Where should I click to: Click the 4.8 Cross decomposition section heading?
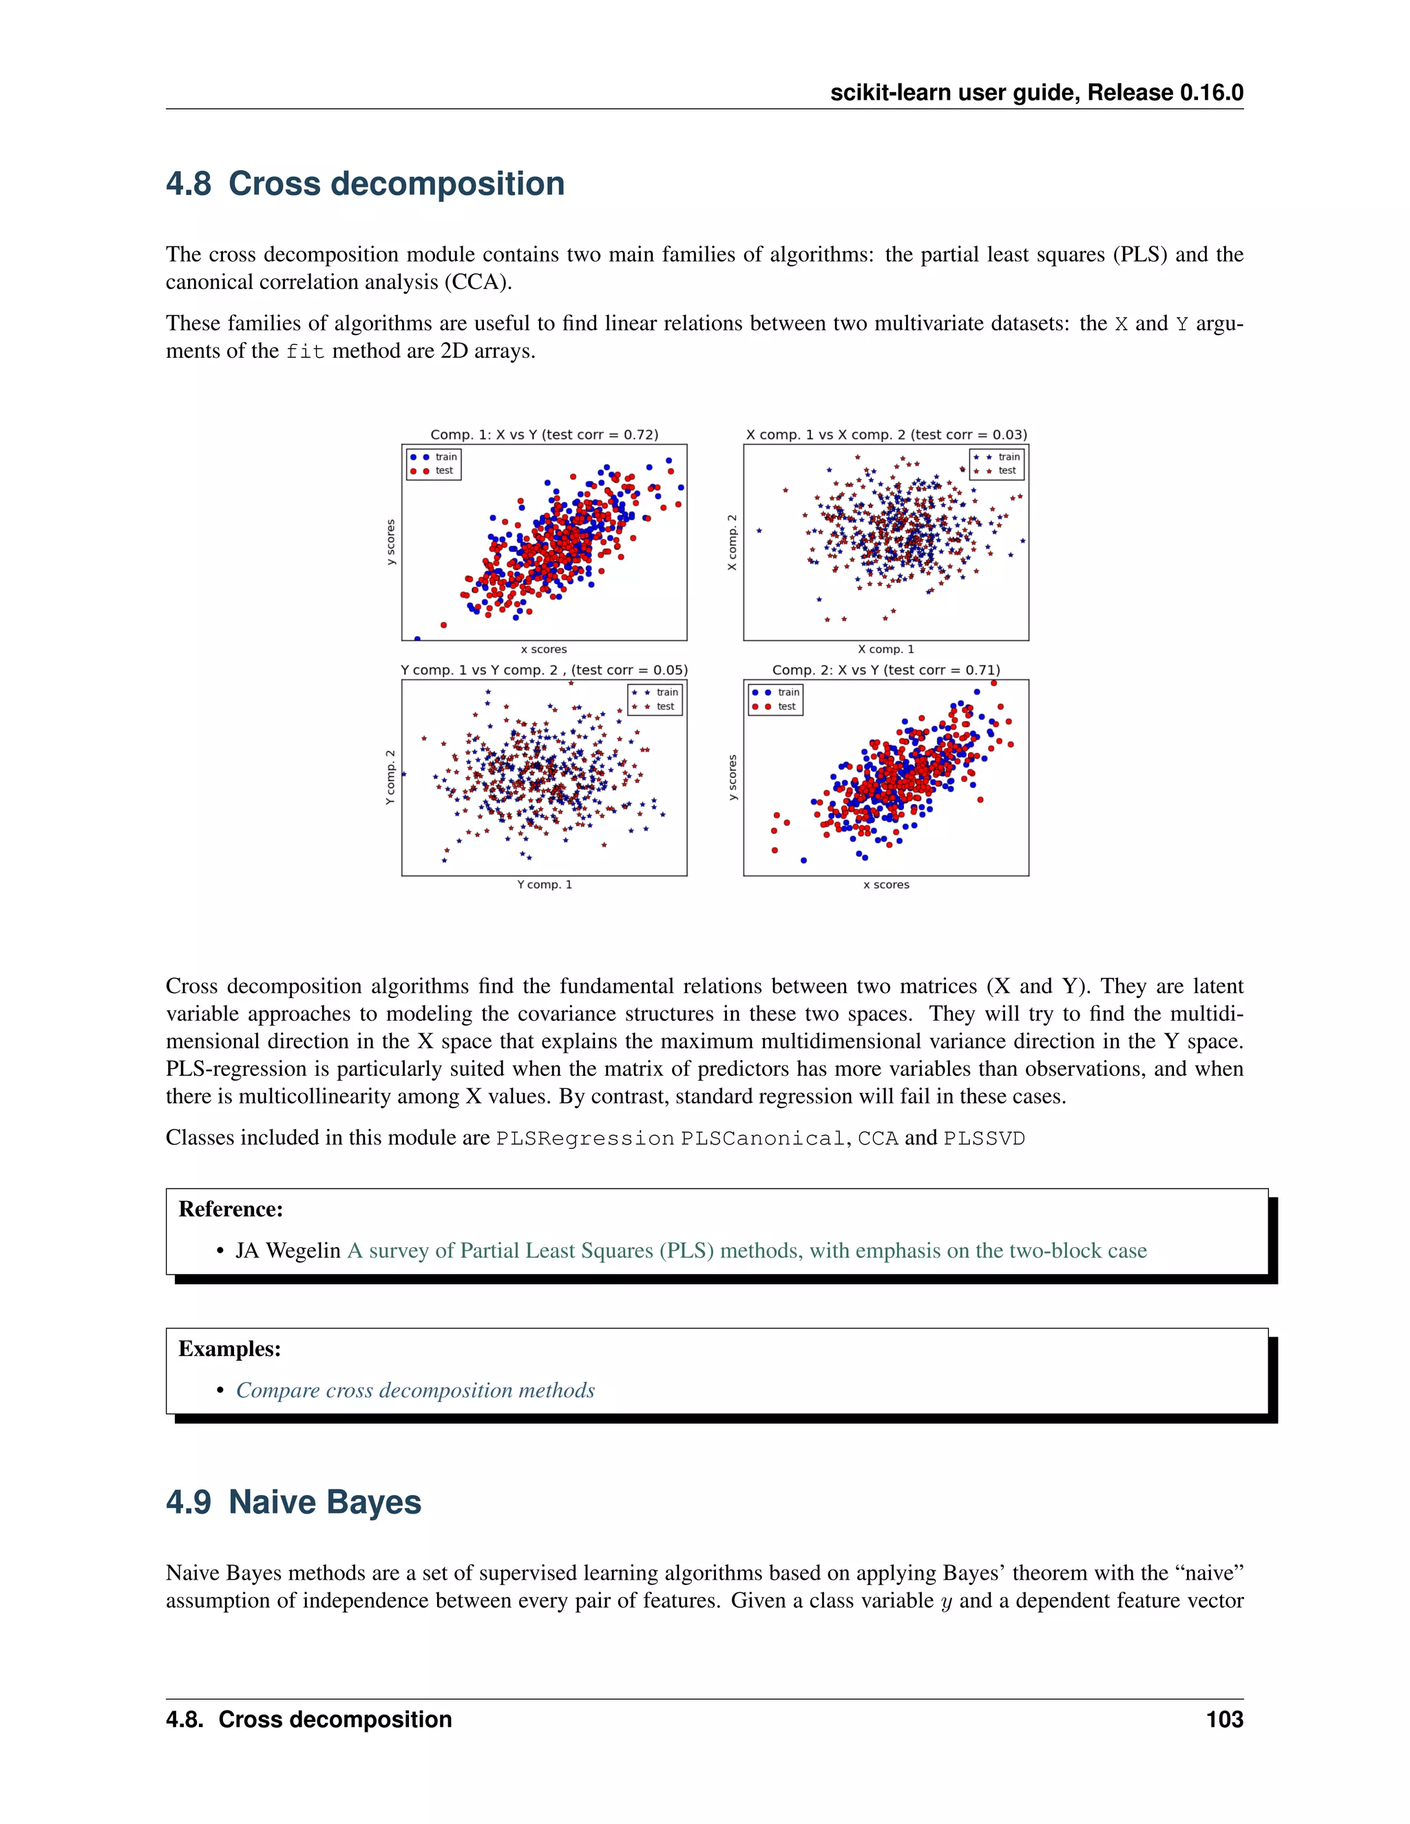pyautogui.click(x=365, y=184)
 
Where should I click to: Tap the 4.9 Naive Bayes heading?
pyautogui.click(x=293, y=1502)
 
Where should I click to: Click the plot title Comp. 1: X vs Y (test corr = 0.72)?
pyautogui.click(x=544, y=434)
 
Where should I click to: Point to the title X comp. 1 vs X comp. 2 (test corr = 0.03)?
pyautogui.click(x=885, y=434)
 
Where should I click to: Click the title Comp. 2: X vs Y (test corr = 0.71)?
pyautogui.click(x=885, y=670)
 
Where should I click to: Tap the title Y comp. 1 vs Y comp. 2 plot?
pyautogui.click(x=544, y=670)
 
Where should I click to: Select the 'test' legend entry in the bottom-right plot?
pyautogui.click(x=786, y=707)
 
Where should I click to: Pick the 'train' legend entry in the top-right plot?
pyautogui.click(x=1008, y=457)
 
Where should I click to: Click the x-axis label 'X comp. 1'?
pyautogui.click(x=885, y=649)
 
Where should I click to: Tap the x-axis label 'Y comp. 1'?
pyautogui.click(x=544, y=884)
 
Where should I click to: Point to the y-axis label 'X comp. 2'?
pyautogui.click(x=733, y=543)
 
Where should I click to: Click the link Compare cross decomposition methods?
pyautogui.click(x=415, y=1390)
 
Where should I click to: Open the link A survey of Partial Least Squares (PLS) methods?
pyautogui.click(x=747, y=1251)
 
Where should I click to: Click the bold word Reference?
pyautogui.click(x=231, y=1209)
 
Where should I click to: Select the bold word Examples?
pyautogui.click(x=230, y=1349)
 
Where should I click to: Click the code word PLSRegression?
pyautogui.click(x=585, y=1139)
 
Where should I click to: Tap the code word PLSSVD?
pyautogui.click(x=983, y=1139)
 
